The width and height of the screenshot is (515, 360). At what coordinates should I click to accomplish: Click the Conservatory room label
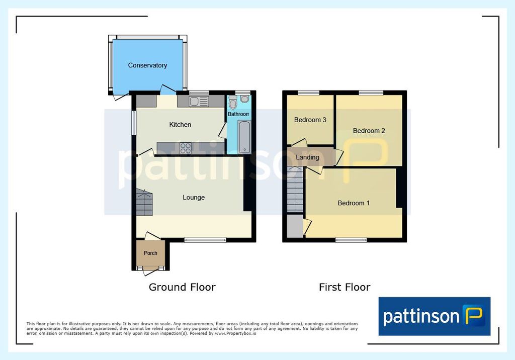[147, 65]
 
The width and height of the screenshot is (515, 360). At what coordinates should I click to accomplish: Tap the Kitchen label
[180, 125]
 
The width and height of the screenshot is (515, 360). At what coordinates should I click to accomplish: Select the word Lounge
[194, 198]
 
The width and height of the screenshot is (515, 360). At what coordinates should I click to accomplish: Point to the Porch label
[150, 253]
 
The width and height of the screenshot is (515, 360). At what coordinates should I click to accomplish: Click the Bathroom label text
[238, 114]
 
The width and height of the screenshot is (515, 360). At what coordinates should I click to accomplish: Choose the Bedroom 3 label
[310, 120]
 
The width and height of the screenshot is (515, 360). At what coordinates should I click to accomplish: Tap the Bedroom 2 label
[369, 131]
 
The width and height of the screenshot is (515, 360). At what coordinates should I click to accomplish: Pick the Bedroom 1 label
[354, 203]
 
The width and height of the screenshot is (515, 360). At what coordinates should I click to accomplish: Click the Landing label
[307, 157]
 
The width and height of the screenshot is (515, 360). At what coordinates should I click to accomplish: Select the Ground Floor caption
[182, 287]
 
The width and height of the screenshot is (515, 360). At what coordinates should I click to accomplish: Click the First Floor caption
[345, 287]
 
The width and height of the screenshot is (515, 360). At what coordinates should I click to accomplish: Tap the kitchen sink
[198, 101]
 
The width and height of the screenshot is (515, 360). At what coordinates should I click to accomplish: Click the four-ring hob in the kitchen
[186, 148]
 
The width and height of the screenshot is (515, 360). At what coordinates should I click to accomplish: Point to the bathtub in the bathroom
[244, 137]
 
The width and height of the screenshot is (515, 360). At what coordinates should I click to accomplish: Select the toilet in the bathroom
[233, 102]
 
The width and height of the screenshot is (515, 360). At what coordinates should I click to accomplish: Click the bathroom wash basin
[244, 99]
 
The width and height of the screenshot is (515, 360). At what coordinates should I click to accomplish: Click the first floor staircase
[295, 189]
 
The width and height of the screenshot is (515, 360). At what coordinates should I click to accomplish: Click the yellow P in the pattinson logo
[474, 315]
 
